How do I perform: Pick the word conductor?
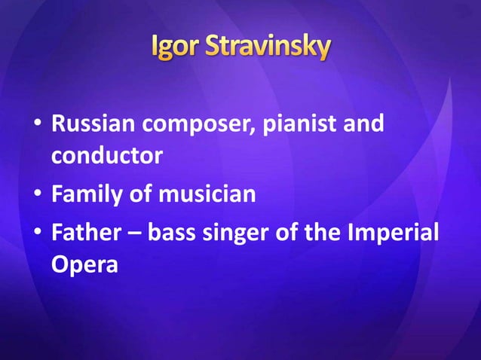coord(106,157)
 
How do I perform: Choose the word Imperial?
coord(392,231)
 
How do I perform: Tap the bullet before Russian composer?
coord(38,124)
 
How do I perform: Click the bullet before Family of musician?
coord(38,195)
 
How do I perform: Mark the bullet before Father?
coord(38,231)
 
